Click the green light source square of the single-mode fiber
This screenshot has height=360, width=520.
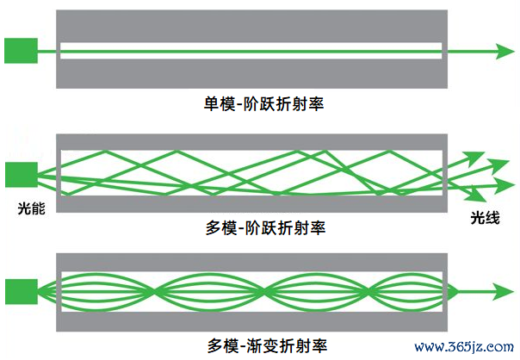pyautogui.click(x=21, y=51)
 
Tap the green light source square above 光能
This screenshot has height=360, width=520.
pyautogui.click(x=22, y=175)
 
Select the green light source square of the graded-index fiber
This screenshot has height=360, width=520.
pyautogui.click(x=22, y=292)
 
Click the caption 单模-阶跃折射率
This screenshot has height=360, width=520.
pyautogui.click(x=264, y=104)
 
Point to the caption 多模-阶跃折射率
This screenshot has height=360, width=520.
pyautogui.click(x=265, y=228)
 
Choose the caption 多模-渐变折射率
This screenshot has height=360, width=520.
pyautogui.click(x=267, y=346)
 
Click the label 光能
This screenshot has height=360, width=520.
pyautogui.click(x=32, y=208)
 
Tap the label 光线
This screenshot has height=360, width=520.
pyautogui.click(x=485, y=218)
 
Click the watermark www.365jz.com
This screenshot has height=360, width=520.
pyautogui.click(x=464, y=347)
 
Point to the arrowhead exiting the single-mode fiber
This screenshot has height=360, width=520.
pyautogui.click(x=505, y=52)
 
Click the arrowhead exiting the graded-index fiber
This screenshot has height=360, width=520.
pyautogui.click(x=505, y=292)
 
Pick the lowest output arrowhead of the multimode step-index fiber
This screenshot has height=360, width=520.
pyautogui.click(x=477, y=196)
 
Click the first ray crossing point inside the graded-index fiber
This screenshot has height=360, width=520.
pyautogui.click(x=153, y=292)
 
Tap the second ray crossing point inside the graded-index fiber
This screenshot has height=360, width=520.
pyautogui.click(x=264, y=292)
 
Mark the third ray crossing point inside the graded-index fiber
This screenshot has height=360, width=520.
pyautogui.click(x=368, y=292)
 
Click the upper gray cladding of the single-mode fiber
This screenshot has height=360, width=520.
pyautogui.click(x=251, y=26)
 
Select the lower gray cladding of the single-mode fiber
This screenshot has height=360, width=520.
pyautogui.click(x=251, y=74)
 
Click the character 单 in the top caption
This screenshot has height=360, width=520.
pyautogui.click(x=211, y=104)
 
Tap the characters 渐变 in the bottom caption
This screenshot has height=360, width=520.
pyautogui.click(x=263, y=346)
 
